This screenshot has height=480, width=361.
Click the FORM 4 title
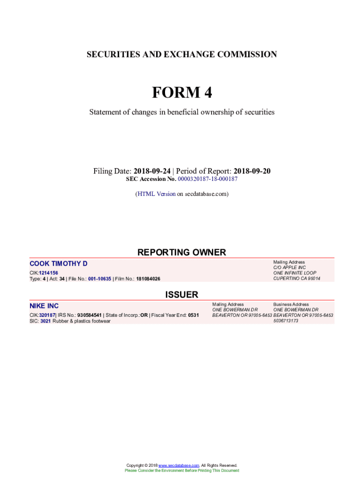coord(181,93)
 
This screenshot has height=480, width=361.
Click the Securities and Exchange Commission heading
coord(181,54)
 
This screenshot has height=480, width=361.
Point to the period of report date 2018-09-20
coord(252,171)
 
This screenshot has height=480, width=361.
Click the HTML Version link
coord(156,194)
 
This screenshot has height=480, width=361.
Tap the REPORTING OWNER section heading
coord(181,252)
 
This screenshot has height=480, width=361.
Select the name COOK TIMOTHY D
coord(58,264)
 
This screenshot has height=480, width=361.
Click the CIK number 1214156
coord(48,273)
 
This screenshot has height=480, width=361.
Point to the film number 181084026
coord(148,279)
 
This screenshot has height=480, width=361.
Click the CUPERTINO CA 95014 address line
coord(297,278)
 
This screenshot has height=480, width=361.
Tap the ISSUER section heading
coord(181,294)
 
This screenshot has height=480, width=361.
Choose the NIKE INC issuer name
coord(44,306)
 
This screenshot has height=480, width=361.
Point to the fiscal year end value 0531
coord(193,315)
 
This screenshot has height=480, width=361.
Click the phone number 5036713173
coord(286,321)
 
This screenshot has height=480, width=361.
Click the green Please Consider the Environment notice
coord(181,470)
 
